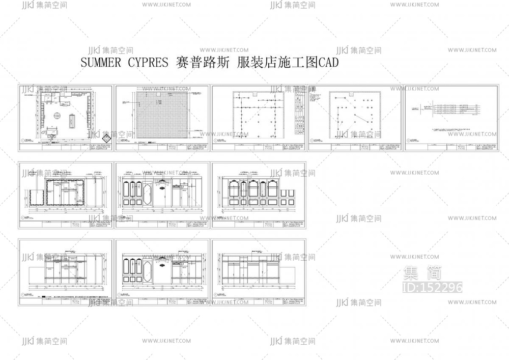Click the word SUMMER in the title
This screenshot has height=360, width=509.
coord(101,63)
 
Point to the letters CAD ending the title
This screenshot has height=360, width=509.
coord(328,63)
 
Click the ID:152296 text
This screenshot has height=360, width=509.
coord(432,288)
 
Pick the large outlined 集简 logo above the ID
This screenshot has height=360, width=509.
coord(422,273)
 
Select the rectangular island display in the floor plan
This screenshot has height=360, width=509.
coord(71,121)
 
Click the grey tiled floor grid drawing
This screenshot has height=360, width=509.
coord(162,115)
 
